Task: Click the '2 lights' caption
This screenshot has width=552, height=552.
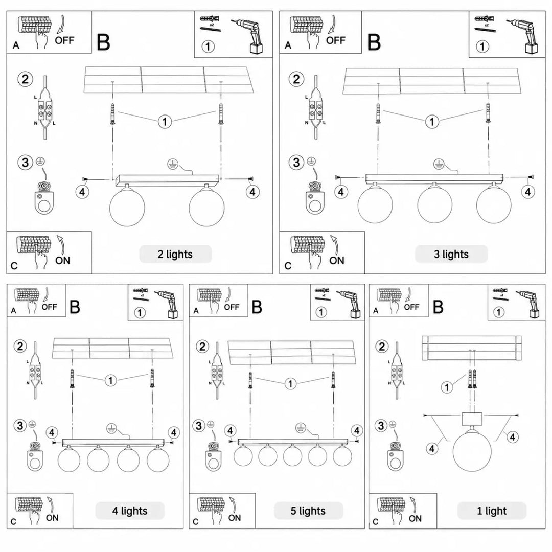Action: [175, 254]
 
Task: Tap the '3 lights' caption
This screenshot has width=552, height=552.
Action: [451, 254]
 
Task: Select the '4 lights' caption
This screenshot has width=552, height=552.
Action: [130, 511]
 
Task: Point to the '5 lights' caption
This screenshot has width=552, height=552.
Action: [308, 511]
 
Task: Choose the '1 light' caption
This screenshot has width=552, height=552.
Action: [492, 511]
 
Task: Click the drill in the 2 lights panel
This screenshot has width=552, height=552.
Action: [247, 36]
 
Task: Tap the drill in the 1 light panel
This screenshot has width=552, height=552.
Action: [528, 305]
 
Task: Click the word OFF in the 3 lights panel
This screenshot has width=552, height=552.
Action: [335, 40]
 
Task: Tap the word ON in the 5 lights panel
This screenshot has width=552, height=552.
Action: [235, 518]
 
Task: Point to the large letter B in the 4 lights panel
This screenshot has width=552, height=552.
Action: [75, 307]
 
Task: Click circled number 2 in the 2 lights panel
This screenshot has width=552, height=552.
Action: [25, 79]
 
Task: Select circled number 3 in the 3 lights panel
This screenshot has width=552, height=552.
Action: [296, 163]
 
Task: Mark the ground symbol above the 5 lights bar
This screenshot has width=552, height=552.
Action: [301, 428]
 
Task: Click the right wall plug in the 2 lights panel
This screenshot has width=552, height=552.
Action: [221, 113]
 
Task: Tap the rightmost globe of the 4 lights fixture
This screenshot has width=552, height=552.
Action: [158, 459]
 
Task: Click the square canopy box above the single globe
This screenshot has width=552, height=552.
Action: [471, 419]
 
